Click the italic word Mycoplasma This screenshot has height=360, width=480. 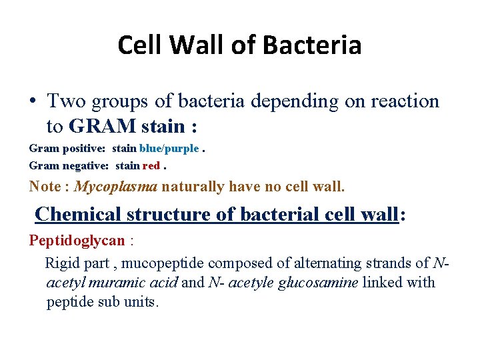click(116, 187)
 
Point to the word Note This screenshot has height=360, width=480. click(45, 187)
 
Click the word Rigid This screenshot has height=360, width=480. click(61, 263)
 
